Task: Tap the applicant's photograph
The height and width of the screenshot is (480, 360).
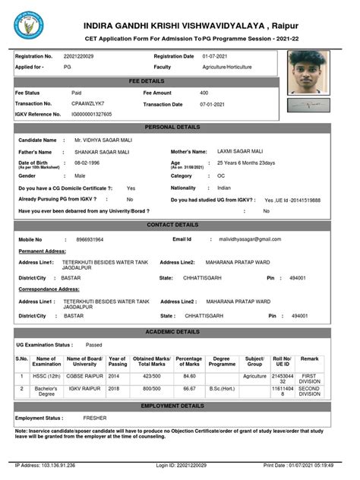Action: pos(308,72)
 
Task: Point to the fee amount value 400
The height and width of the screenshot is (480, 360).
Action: pos(204,92)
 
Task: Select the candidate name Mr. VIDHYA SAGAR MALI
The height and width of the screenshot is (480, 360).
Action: pos(103,140)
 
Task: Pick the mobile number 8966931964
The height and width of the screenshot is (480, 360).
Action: pos(90,239)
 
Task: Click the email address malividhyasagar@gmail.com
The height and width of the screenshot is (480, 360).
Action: pos(247,239)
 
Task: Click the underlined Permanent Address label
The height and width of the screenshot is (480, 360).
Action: pos(42,251)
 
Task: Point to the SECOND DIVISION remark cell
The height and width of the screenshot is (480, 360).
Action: pos(310,390)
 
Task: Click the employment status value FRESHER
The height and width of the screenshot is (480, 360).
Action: pos(95,418)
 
